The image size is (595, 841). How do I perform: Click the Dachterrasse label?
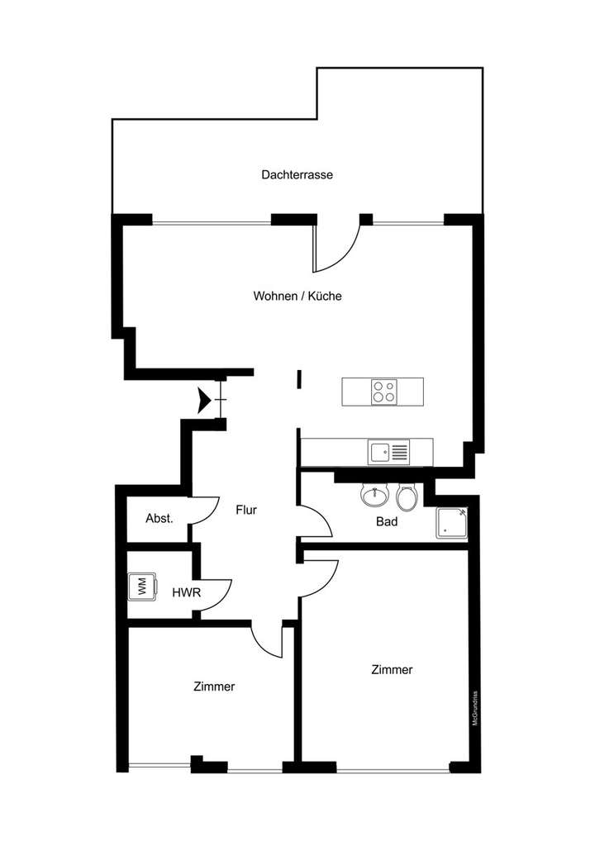point(297,175)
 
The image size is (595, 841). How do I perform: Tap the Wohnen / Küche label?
point(297,296)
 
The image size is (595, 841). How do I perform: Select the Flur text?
point(245,510)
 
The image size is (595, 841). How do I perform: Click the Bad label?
point(387,522)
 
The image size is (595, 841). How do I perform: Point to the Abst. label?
point(159,519)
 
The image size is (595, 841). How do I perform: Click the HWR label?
point(183,592)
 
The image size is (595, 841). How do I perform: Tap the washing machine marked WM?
point(141,587)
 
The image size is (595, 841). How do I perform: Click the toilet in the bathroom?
point(406,497)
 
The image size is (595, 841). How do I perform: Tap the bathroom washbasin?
point(375,496)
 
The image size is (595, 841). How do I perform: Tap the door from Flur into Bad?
point(316,520)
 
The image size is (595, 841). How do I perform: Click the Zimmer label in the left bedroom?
point(214,687)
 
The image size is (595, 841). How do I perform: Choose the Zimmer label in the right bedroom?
point(392,670)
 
